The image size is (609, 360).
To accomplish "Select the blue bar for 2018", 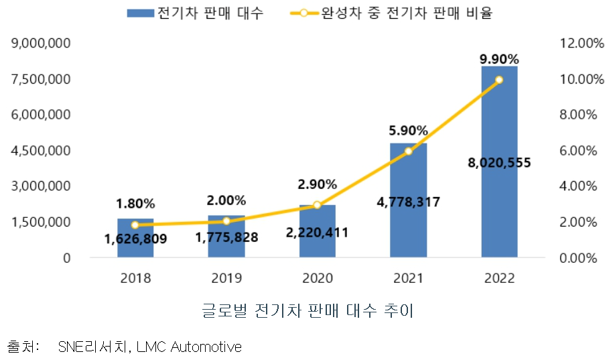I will pyautogui.click(x=135, y=248).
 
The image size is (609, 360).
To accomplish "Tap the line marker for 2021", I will pyautogui.click(x=408, y=152).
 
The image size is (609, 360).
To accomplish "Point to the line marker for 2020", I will pyautogui.click(x=318, y=205).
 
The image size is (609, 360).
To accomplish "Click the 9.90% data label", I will pyautogui.click(x=499, y=59).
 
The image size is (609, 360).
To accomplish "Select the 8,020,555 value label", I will pyautogui.click(x=499, y=162).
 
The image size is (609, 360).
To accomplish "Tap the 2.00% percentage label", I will pyautogui.click(x=226, y=200).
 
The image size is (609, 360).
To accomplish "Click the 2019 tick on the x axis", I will pyautogui.click(x=226, y=278).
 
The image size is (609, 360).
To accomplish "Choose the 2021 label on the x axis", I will pyautogui.click(x=408, y=278).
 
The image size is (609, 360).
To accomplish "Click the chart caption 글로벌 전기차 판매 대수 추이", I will pyautogui.click(x=310, y=311).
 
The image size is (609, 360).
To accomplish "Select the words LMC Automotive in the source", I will pyautogui.click(x=189, y=347).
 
